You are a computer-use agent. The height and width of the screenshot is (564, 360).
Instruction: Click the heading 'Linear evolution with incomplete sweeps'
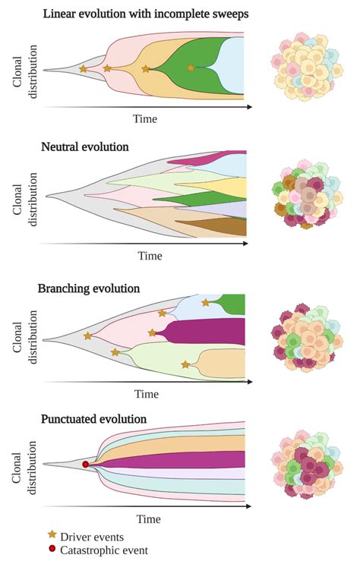click(147, 14)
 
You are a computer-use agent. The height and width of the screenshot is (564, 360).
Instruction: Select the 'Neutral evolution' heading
click(84, 146)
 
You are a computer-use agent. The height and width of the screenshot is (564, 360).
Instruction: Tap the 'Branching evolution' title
click(88, 288)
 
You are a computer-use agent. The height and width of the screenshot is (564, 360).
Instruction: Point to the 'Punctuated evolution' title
click(94, 418)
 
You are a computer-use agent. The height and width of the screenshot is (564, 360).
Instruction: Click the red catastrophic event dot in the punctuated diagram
click(86, 464)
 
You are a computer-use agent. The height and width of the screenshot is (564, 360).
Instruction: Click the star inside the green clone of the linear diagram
click(191, 68)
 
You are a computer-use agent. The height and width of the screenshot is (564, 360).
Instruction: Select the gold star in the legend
click(52, 536)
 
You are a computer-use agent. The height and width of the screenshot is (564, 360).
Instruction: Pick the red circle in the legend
click(52, 550)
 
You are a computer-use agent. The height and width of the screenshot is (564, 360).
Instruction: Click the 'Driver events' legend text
click(92, 537)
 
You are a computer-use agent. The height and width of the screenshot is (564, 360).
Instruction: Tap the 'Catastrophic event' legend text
click(105, 550)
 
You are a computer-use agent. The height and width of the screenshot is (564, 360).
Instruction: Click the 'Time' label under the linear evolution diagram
click(146, 118)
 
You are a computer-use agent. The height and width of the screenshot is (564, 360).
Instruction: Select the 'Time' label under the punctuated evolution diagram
click(149, 518)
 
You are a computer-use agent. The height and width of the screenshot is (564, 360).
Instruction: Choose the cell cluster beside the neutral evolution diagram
click(303, 194)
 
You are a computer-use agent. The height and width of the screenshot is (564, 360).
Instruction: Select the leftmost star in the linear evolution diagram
click(83, 69)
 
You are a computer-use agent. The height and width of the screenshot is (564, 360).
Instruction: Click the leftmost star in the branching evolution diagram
click(87, 336)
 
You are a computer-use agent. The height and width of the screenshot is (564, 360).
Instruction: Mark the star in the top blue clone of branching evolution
click(205, 303)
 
